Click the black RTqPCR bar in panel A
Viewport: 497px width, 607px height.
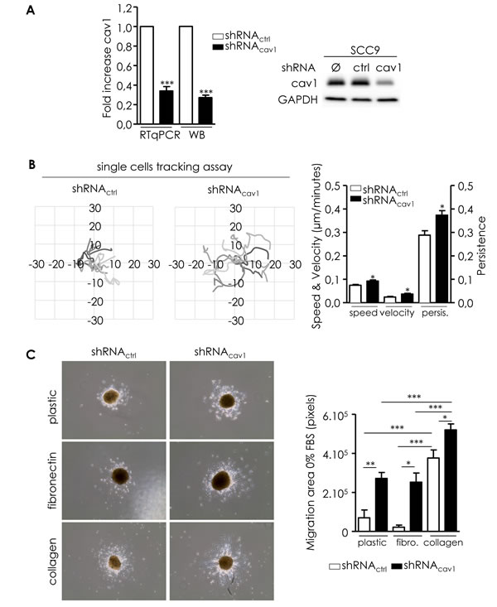[x=166, y=107]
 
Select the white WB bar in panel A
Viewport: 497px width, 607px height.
[x=186, y=75]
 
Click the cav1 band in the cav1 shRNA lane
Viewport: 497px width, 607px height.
[x=384, y=83]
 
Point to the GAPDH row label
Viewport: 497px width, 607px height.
[x=297, y=100]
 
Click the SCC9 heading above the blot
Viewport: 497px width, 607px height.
[x=359, y=51]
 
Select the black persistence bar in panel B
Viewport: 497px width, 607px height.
[x=442, y=258]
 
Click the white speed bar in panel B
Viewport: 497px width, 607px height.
[x=355, y=293]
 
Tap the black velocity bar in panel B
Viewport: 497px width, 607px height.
[x=408, y=297]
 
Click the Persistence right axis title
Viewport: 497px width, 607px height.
[x=481, y=246]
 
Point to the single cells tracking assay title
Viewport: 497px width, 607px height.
[x=165, y=166]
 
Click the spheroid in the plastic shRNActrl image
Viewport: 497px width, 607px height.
[x=113, y=397]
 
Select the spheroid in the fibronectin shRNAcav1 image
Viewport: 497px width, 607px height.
[x=222, y=480]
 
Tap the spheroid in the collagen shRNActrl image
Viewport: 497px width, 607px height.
[x=114, y=562]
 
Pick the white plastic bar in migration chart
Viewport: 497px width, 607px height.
[x=364, y=524]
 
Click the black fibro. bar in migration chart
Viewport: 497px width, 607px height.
[x=416, y=506]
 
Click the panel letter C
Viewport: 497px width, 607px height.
[x=31, y=354]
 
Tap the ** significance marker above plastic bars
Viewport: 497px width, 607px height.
[x=370, y=465]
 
